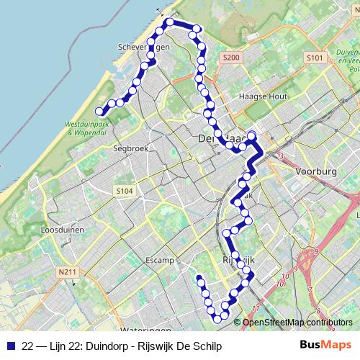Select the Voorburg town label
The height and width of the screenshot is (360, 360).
coord(316,172)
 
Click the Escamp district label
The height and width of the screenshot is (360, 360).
coord(161,259)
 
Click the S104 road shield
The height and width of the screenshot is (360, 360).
coord(124,191)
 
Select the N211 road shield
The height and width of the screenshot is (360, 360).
coord(67,271)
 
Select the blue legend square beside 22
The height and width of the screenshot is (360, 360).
coord(12,346)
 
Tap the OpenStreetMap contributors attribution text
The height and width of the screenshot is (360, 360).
coord(297,323)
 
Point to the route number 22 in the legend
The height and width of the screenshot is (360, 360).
coord(27,346)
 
